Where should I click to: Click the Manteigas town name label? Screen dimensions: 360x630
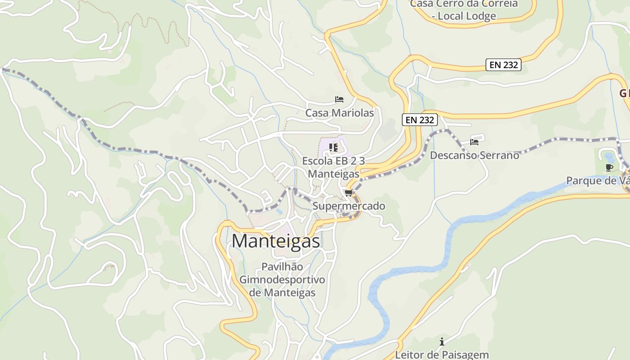(x=275, y=241)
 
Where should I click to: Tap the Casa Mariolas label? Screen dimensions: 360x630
(x=339, y=113)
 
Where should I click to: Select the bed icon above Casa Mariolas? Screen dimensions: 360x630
(x=339, y=99)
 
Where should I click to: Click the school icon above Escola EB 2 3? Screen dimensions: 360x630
(x=333, y=147)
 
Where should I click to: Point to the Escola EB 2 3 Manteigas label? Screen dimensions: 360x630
(x=333, y=167)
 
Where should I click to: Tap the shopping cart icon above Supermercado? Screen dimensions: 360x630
(x=348, y=193)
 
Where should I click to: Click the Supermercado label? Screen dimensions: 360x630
(x=349, y=206)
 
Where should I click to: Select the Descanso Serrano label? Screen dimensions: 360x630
(x=474, y=155)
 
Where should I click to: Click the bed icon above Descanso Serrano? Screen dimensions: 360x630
(x=474, y=142)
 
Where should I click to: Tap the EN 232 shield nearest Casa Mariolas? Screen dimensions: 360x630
(x=419, y=120)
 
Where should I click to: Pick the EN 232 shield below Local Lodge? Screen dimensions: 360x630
(x=504, y=65)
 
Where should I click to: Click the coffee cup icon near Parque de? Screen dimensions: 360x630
(x=609, y=168)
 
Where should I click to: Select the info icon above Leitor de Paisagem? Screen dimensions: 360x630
(x=442, y=342)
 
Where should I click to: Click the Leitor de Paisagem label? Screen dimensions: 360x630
(x=441, y=355)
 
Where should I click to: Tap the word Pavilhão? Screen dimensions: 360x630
(x=282, y=267)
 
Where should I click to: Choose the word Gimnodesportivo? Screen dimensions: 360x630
(x=282, y=279)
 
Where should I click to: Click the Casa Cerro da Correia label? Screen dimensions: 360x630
(x=464, y=4)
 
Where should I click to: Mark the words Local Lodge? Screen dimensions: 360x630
(x=464, y=16)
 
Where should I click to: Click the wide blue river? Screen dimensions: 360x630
(x=450, y=243)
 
